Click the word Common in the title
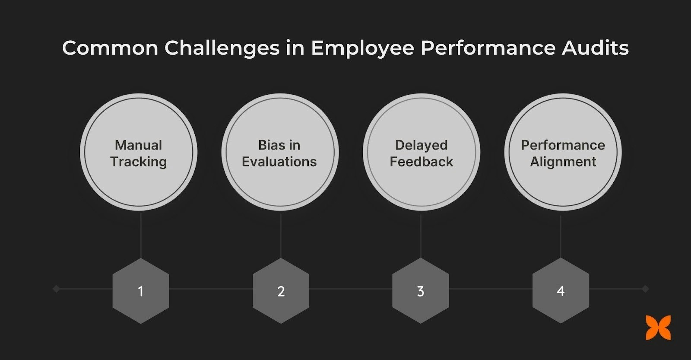[x=110, y=48]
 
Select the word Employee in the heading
[x=362, y=48]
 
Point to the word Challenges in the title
[x=222, y=48]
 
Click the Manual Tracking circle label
[x=139, y=153]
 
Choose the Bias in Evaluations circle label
[x=279, y=153]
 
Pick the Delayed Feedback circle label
[x=421, y=153]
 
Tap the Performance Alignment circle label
[x=563, y=153]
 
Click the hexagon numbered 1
[x=141, y=291]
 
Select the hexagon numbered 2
[x=281, y=291]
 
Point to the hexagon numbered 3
[x=421, y=291]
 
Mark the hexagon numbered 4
[x=561, y=291]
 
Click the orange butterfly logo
[x=659, y=328]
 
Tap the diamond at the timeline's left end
[x=56, y=289]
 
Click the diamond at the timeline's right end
[x=645, y=289]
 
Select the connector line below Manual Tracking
[x=141, y=236]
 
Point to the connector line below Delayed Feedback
[x=421, y=236]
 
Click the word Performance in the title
[x=488, y=48]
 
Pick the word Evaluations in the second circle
[x=279, y=162]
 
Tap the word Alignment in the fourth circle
[x=563, y=162]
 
